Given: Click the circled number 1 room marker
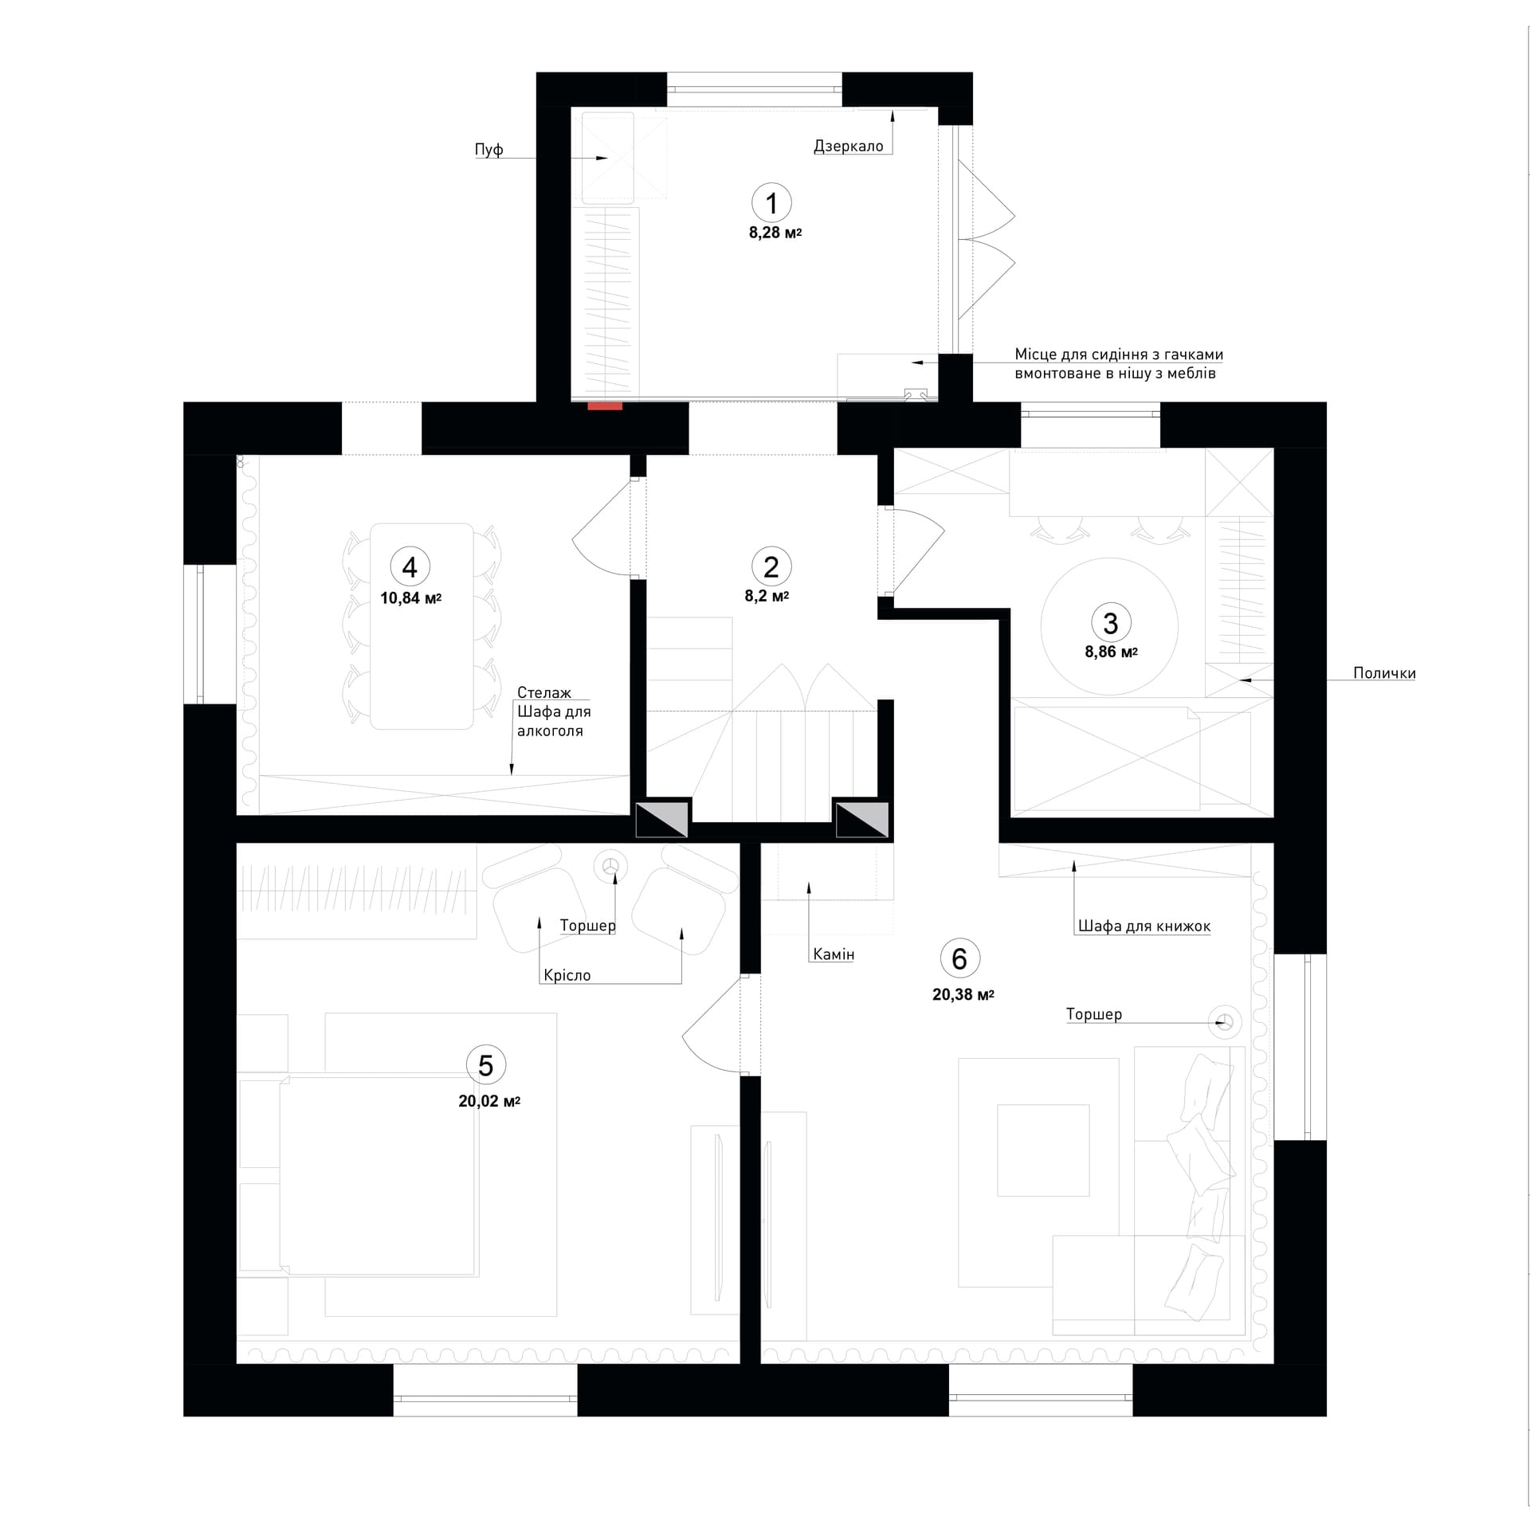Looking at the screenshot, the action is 771,203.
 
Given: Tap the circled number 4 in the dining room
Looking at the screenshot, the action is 410,567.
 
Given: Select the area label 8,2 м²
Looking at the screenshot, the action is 767,596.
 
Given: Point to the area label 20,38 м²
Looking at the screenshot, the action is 963,994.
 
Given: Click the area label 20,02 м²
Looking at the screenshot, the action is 489,1102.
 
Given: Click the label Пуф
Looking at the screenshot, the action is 488,150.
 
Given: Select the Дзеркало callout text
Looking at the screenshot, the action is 848,146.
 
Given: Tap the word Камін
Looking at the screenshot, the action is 834,954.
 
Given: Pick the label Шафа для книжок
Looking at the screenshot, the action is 1144,926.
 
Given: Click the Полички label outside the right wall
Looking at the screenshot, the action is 1384,673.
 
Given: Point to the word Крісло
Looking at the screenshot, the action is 567,975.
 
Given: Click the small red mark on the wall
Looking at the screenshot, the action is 605,406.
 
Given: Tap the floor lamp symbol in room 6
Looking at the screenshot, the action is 1225,1022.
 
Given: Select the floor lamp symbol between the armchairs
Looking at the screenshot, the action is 611,867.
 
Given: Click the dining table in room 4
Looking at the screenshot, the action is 422,626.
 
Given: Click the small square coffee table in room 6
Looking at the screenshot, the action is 1043,1150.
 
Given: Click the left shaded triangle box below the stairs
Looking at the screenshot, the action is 661,819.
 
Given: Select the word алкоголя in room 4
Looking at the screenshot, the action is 550,731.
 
